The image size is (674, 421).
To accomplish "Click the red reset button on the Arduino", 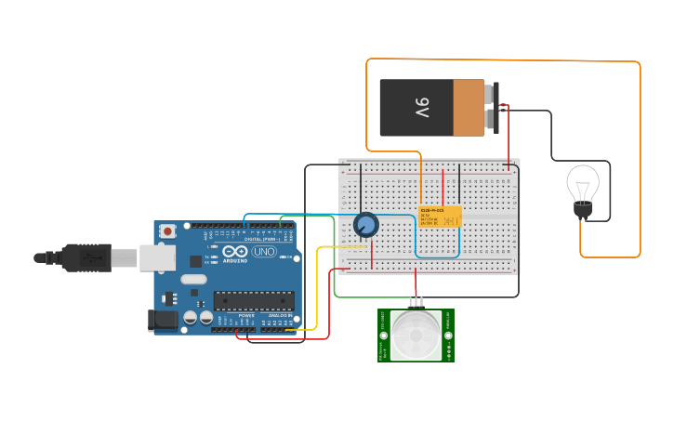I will [167, 230].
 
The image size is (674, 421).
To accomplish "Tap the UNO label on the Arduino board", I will [264, 251].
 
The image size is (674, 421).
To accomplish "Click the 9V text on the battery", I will [421, 107].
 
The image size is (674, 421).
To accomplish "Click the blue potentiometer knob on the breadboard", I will [366, 225].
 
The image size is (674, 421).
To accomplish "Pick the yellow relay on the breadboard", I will [439, 217].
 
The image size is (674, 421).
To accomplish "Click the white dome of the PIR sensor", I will [416, 336].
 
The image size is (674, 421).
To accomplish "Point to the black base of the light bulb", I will [583, 211].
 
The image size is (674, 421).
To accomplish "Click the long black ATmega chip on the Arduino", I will [254, 300].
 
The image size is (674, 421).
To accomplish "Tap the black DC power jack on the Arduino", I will [164, 321].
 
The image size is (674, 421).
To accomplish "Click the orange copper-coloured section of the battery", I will [469, 107].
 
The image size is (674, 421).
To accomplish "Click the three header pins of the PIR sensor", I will [416, 301].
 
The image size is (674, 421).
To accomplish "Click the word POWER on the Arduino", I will [246, 315].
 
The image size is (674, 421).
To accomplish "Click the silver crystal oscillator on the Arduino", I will [193, 280].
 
